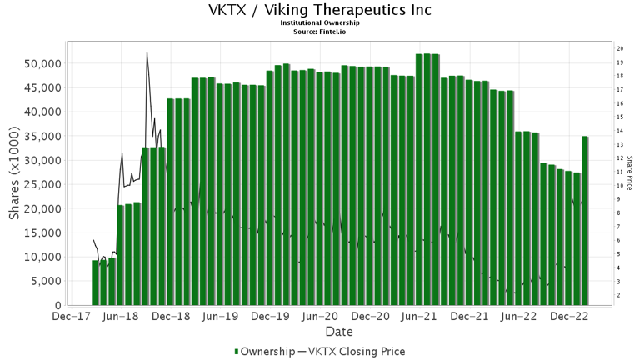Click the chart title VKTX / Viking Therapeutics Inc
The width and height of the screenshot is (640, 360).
(x=320, y=11)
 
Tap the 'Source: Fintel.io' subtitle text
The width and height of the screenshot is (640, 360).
(x=320, y=32)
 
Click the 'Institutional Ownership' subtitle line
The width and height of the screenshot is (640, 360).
(x=320, y=24)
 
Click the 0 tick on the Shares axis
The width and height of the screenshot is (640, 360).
(x=57, y=306)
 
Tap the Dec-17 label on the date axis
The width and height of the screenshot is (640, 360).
(x=72, y=317)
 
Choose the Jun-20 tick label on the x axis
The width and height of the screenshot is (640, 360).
(x=320, y=317)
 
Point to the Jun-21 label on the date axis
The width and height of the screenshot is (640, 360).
(x=420, y=317)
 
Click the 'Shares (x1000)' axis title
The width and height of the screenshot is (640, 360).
(x=15, y=183)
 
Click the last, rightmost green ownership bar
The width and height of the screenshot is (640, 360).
(x=585, y=221)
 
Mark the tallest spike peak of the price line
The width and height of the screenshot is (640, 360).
(x=147, y=53)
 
